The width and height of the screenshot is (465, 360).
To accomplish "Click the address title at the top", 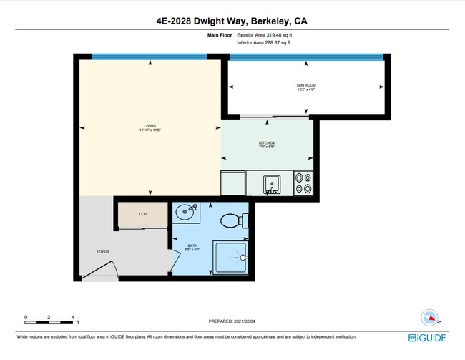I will pyautogui.click(x=232, y=21).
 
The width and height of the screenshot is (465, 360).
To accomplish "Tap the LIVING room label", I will pyautogui.click(x=150, y=127).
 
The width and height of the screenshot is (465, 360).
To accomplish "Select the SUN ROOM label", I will pyautogui.click(x=306, y=87).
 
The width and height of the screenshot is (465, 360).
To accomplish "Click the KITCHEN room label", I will pyautogui.click(x=266, y=145).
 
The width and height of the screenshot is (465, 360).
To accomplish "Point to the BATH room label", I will pyautogui.click(x=192, y=247).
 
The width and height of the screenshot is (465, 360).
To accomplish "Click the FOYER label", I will pyautogui.click(x=103, y=253).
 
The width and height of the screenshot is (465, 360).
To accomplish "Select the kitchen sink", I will pyautogui.click(x=272, y=185).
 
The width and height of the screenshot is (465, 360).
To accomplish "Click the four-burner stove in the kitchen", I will pyautogui.click(x=303, y=183).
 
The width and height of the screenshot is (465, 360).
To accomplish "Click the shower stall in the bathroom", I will pyautogui.click(x=231, y=257).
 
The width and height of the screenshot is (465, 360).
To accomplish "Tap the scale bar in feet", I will pyautogui.click(x=49, y=318).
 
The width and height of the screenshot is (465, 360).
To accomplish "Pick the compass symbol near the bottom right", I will pyautogui.click(x=429, y=318).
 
